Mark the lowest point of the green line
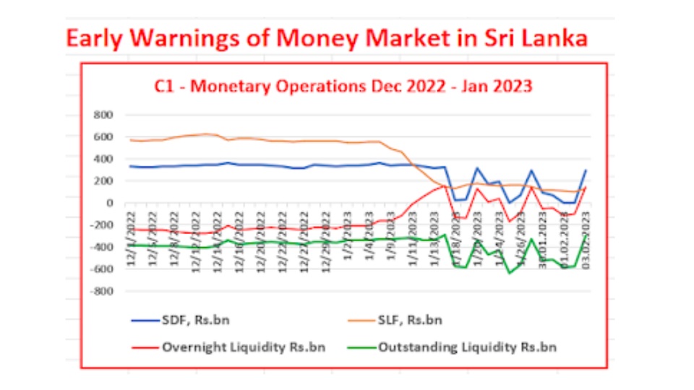tap(510, 273)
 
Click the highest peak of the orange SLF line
tap(208, 134)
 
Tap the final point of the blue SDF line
tap(586, 170)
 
